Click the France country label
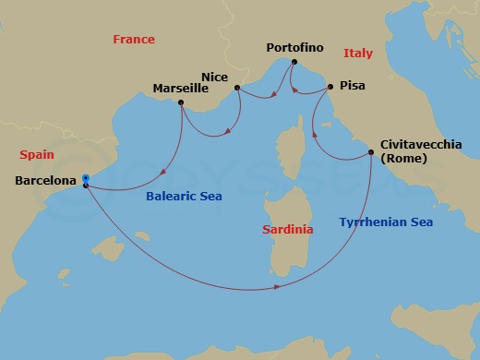tap(133, 40)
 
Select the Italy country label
tap(357, 54)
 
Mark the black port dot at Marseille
tap(180, 102)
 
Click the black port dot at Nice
tap(237, 89)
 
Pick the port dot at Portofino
tap(293, 63)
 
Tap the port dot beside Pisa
tap(330, 87)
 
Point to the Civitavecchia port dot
tap(371, 153)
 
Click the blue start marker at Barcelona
tap(85, 178)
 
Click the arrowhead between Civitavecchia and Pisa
tap(317, 132)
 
